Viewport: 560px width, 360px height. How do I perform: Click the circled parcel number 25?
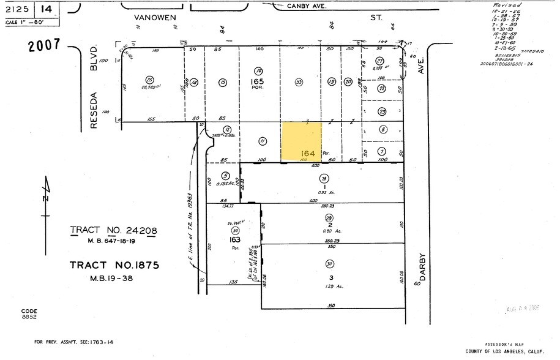[x=149, y=80]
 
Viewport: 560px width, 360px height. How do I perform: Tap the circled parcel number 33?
[x=299, y=81]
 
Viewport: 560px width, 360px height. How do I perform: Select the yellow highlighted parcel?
[x=301, y=141]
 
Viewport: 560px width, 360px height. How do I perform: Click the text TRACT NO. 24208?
[x=114, y=231]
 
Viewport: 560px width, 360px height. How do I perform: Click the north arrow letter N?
[x=45, y=198]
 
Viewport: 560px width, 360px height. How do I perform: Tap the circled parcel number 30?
[x=330, y=264]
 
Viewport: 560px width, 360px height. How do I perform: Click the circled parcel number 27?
[x=379, y=61]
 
